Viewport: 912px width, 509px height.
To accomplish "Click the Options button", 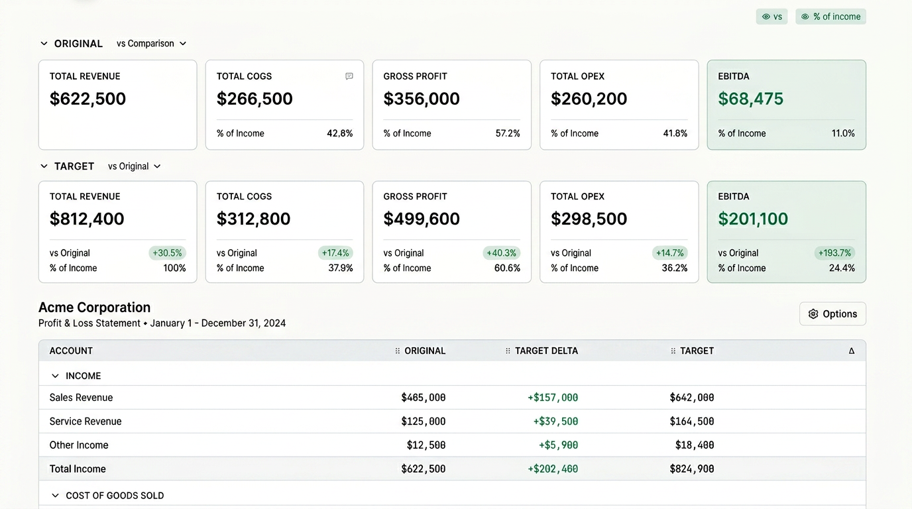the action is coord(832,313).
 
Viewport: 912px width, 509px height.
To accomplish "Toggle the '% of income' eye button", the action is coord(830,17).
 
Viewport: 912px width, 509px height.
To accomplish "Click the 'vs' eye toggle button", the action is coord(771,17).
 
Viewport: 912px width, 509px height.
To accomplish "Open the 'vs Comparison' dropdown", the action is coord(151,44).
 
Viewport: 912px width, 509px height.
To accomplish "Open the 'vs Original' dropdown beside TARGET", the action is coord(134,166).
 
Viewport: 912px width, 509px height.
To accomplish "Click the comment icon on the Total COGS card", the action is coord(349,76).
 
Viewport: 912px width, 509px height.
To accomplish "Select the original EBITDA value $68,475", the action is coord(750,99).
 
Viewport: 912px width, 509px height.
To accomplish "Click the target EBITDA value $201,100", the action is coord(753,219).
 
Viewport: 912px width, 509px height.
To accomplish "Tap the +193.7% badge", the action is coord(834,253).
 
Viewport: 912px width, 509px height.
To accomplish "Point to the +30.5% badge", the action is coord(167,253).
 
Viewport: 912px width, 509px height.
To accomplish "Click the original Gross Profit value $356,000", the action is coord(422,99).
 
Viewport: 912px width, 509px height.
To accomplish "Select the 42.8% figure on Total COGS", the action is coord(339,133).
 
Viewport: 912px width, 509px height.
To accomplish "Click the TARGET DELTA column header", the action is coord(546,351).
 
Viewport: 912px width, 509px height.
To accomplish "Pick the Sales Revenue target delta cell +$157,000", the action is coord(553,398).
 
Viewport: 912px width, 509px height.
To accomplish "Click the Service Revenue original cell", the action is coord(424,421).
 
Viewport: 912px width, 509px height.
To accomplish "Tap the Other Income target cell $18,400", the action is coord(695,445).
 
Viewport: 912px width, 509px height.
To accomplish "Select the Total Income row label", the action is coord(78,469).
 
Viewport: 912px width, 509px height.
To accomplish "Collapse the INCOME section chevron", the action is coord(55,376).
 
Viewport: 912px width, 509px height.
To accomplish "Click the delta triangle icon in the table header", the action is coord(851,351).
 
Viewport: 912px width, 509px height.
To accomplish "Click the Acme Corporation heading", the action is coord(95,307).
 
